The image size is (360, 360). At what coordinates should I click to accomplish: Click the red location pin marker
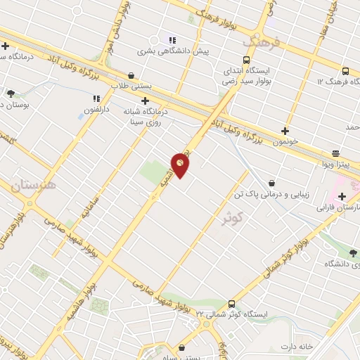coord(181,164)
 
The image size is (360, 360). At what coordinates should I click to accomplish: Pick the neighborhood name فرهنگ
coord(262,44)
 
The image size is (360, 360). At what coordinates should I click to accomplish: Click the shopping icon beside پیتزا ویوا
coord(335,153)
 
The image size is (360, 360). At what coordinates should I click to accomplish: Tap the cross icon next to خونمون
coord(285,130)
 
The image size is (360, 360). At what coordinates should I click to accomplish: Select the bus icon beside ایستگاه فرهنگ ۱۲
coord(345,71)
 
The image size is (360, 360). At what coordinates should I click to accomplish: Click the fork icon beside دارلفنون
coord(96,98)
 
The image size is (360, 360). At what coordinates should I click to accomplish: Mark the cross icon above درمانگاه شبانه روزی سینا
coord(145,101)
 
